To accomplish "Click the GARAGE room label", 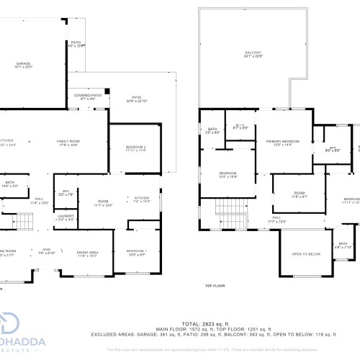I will tap(23, 65).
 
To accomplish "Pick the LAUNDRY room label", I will tap(66, 216).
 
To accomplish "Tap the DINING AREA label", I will tap(87, 252).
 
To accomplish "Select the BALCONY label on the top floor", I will tap(252, 53).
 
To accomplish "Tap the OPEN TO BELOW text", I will tap(306, 254).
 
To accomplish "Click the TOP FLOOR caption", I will tap(215, 286).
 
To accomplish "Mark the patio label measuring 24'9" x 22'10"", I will tap(136, 99).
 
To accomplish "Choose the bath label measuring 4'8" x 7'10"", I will tap(343, 246).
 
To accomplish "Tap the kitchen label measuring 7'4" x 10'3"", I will tap(140, 199).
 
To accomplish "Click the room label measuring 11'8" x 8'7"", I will tap(299, 194).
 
